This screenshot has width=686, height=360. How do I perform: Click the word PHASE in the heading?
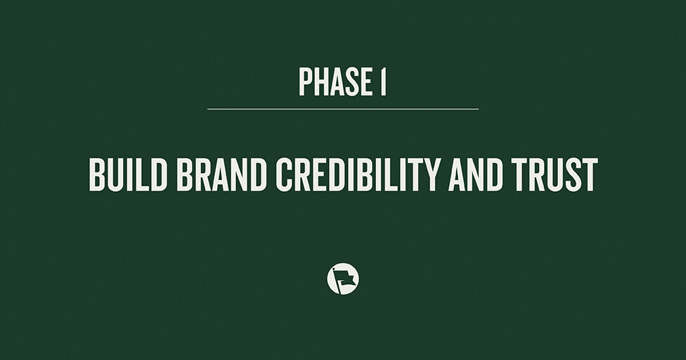[x=334, y=82]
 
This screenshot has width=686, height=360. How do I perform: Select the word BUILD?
[x=129, y=175]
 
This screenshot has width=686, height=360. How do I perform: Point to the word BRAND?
[x=222, y=175]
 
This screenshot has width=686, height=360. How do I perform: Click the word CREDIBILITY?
[x=360, y=175]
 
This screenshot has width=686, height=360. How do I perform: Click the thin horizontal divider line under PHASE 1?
[x=342, y=109]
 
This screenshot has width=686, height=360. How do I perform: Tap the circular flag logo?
[x=343, y=279]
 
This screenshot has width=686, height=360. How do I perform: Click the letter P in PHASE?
[x=305, y=82]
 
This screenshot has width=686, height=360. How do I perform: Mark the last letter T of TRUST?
[x=590, y=175]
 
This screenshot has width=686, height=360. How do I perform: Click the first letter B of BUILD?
[x=97, y=175]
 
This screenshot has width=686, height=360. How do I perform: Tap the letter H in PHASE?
[x=320, y=82]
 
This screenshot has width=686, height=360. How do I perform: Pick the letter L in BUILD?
[x=145, y=175]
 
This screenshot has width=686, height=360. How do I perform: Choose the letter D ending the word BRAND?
[x=256, y=175]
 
